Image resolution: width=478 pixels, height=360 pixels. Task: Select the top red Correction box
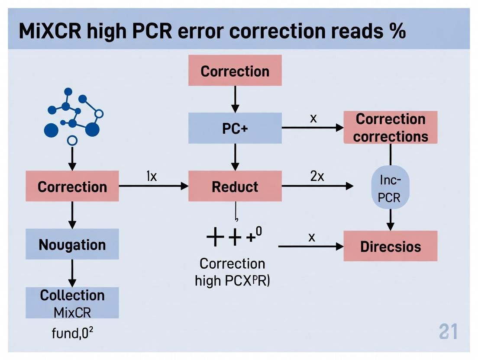pos(235,71)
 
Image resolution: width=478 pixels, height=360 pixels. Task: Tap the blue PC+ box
pos(235,128)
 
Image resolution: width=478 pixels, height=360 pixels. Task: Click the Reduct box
pos(235,186)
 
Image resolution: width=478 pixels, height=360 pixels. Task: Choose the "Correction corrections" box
pos(390,128)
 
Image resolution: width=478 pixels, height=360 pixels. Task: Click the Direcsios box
pos(390,246)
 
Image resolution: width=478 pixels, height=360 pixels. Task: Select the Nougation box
pos(72,244)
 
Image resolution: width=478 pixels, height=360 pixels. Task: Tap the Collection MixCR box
pos(72,303)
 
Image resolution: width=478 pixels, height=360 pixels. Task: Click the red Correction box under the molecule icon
pos(72,186)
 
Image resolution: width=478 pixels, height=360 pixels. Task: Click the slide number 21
pos(448,332)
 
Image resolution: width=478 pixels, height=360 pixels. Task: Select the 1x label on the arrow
pos(151,177)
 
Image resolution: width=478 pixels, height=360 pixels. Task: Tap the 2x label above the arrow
pos(317,177)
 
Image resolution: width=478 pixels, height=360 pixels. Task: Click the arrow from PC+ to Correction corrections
pos(312,128)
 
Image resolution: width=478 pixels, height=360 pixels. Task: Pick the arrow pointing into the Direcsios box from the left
pos(310,246)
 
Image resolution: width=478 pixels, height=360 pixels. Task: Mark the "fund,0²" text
pos(73,334)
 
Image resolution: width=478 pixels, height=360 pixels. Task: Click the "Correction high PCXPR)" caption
pos(233,272)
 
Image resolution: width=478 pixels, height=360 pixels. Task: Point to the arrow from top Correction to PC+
pos(235,99)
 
